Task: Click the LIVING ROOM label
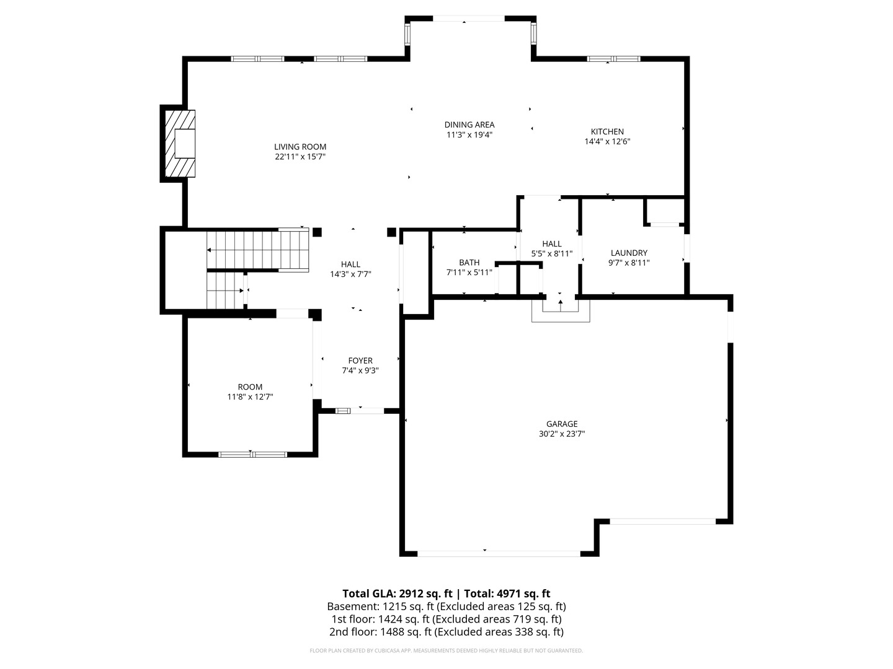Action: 300,147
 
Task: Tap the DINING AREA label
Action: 469,125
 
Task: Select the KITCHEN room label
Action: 607,131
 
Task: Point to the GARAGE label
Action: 562,424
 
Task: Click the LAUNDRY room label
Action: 629,253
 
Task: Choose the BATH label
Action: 469,263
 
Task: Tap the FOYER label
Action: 360,361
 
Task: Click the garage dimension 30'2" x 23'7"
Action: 562,434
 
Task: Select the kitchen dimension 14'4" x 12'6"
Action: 607,142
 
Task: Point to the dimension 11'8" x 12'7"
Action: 250,397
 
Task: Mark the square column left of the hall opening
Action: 317,232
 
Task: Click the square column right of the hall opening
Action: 391,232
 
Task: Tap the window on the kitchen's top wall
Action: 613,59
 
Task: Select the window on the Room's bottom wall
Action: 252,455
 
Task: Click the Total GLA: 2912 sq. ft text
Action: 397,594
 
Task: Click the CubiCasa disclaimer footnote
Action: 446,650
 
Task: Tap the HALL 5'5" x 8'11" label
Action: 552,248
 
